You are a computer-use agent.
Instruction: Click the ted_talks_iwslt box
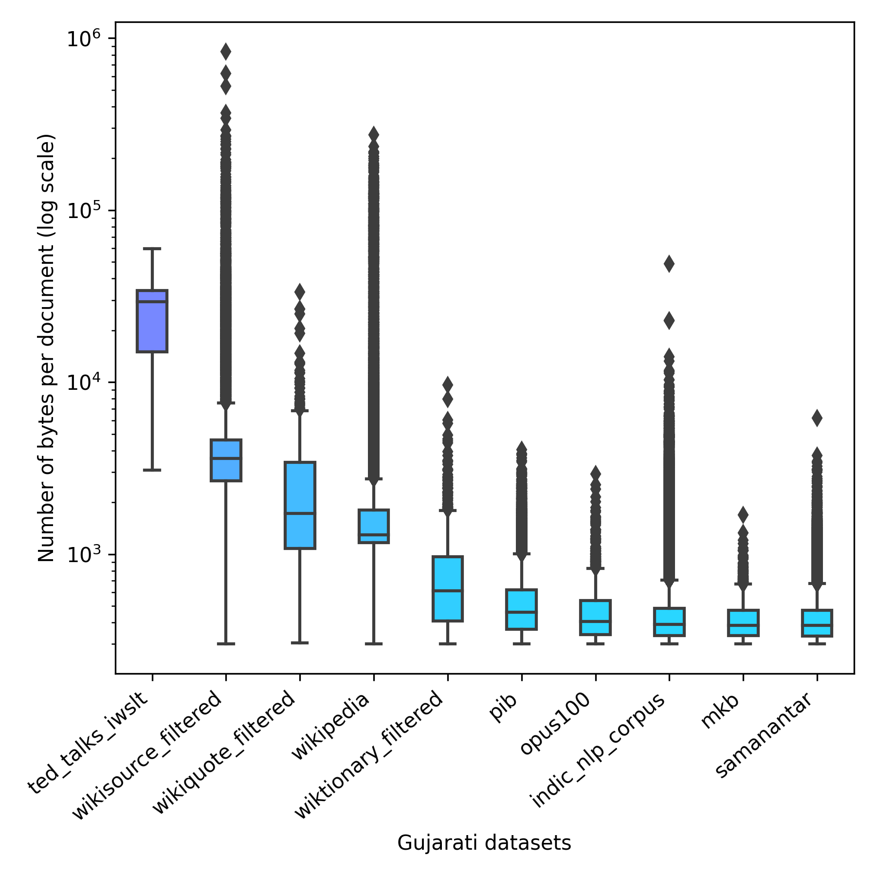click(x=152, y=321)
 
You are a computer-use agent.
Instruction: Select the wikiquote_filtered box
click(x=300, y=505)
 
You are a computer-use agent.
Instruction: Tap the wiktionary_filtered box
click(x=448, y=588)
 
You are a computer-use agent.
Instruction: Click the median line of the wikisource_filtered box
click(x=226, y=458)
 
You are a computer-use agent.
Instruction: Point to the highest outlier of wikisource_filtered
click(x=226, y=51)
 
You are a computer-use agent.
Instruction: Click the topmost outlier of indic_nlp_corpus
click(x=669, y=264)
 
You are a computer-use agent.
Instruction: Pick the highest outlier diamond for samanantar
click(x=817, y=418)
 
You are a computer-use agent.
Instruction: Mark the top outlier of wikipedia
click(x=374, y=134)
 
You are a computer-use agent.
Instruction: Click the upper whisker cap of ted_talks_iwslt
click(x=152, y=249)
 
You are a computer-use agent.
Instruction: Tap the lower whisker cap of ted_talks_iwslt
click(x=152, y=470)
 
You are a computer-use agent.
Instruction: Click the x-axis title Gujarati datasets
click(x=484, y=843)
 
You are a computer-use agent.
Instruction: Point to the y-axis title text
click(x=47, y=347)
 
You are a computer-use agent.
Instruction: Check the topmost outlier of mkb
click(x=743, y=514)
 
